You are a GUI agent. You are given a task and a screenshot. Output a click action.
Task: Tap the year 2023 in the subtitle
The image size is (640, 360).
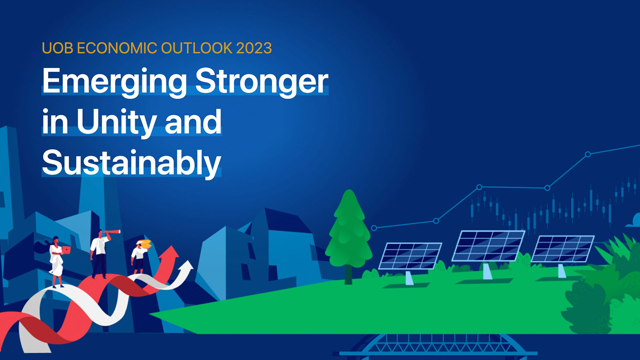click(x=254, y=48)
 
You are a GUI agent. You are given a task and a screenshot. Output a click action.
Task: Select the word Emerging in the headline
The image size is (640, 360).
click(x=114, y=81)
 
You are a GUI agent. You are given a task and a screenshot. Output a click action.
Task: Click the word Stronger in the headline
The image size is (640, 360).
click(x=262, y=81)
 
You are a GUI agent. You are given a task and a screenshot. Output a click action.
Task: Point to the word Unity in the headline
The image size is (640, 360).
click(x=116, y=122)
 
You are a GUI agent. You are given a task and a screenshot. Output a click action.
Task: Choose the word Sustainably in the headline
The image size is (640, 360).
click(x=132, y=163)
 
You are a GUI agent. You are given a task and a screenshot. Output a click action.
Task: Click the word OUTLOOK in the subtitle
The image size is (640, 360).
click(x=196, y=48)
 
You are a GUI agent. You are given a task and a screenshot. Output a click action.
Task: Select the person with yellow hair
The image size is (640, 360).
click(x=140, y=256)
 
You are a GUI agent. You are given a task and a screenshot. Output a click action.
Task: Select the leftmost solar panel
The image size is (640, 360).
click(x=410, y=256)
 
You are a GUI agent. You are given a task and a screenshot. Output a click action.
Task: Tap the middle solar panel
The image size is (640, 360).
click(x=488, y=246)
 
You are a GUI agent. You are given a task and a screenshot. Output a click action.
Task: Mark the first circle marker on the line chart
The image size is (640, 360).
click(x=374, y=228)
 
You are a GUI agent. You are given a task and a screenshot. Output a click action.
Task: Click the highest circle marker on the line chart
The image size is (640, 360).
click(x=588, y=154)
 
